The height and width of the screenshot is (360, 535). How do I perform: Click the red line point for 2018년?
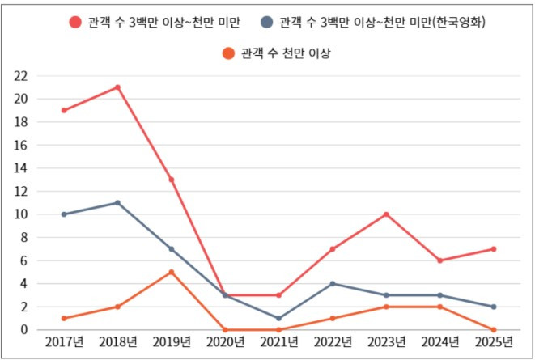[x=117, y=87]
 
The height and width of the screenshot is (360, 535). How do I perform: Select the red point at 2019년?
[x=172, y=180]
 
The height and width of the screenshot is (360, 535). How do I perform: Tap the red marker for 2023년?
[x=386, y=214]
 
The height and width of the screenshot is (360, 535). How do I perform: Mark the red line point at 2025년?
[x=493, y=249]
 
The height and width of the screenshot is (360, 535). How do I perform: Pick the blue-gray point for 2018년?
[x=117, y=203]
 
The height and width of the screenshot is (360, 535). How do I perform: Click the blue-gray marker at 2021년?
[x=279, y=318]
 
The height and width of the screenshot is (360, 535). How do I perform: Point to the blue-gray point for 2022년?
[x=333, y=284]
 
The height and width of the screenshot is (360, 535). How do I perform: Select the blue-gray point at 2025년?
[x=493, y=307]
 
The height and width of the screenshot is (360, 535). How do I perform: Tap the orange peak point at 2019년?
[x=172, y=272]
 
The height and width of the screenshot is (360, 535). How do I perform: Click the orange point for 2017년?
[x=64, y=318]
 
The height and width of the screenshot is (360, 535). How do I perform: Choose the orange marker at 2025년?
[x=493, y=329]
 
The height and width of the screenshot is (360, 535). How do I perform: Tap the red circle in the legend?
[x=75, y=22]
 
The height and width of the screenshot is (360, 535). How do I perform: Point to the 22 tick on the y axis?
[x=21, y=76]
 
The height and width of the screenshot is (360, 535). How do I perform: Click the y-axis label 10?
[x=21, y=214]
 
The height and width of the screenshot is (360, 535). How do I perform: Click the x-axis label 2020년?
[x=225, y=343]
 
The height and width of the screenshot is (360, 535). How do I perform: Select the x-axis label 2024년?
[x=439, y=343]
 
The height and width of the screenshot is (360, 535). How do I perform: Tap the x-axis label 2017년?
[x=64, y=343]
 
